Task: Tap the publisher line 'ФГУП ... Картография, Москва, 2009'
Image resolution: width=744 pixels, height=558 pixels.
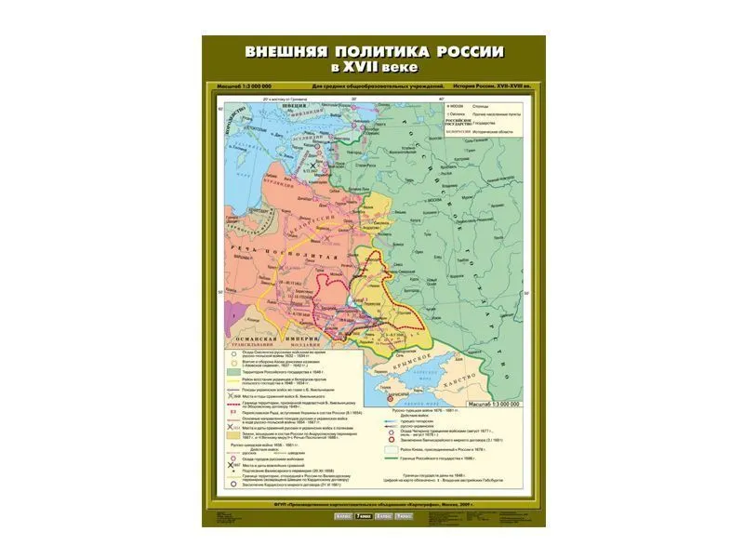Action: coord(372,504)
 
